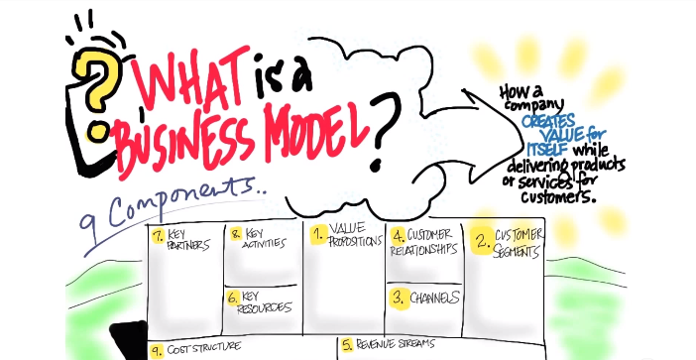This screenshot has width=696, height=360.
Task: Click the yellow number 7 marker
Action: [x=158, y=235]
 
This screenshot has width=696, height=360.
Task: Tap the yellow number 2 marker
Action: [x=481, y=240]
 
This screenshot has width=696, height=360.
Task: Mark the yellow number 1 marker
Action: [x=318, y=235]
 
